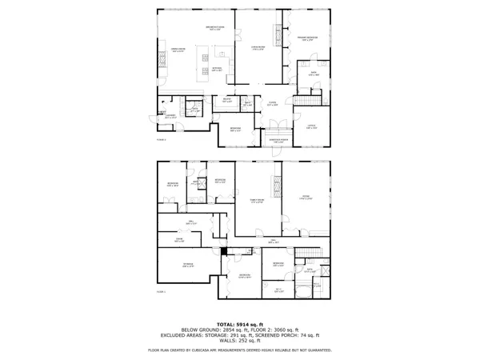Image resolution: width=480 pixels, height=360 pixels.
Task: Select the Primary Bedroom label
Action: (309, 38)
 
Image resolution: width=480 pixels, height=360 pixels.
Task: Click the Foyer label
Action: (272, 103)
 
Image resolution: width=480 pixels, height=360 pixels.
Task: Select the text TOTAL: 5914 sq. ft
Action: (239, 323)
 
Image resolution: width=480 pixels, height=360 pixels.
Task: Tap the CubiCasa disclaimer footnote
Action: (239, 350)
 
